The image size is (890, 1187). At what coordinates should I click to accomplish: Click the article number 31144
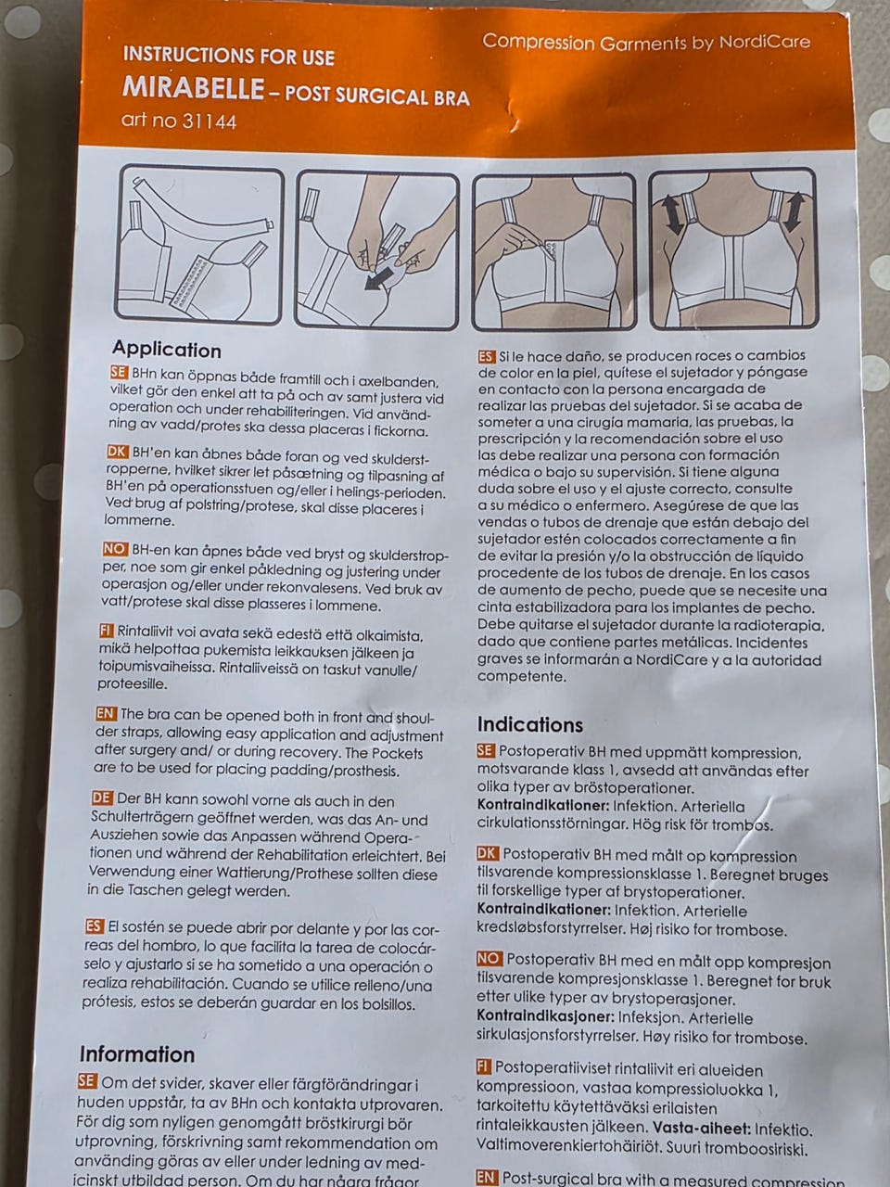point(209,121)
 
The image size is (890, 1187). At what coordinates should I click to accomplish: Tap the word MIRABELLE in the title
point(194,88)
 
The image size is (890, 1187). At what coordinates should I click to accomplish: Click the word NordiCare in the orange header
point(764,42)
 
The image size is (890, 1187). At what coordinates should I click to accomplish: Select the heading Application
point(167,351)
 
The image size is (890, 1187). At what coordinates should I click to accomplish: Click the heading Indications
point(529,724)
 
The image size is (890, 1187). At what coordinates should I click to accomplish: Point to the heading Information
point(137,1054)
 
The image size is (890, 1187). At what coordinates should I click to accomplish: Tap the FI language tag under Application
point(107,631)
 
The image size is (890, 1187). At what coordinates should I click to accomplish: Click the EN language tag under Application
point(106,713)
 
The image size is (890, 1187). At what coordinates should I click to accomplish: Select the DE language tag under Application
point(103,798)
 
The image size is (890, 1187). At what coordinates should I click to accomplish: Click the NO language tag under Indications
point(489,958)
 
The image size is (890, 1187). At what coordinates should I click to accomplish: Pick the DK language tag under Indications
point(488,853)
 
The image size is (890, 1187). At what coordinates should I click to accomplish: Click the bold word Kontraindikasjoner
point(546,1016)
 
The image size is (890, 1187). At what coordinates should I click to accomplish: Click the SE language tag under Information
point(87,1081)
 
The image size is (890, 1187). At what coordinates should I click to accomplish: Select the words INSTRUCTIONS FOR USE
point(229,56)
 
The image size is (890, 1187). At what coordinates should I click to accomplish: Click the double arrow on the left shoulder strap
point(672,215)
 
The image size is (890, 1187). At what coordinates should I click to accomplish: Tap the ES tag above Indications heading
point(486,357)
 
